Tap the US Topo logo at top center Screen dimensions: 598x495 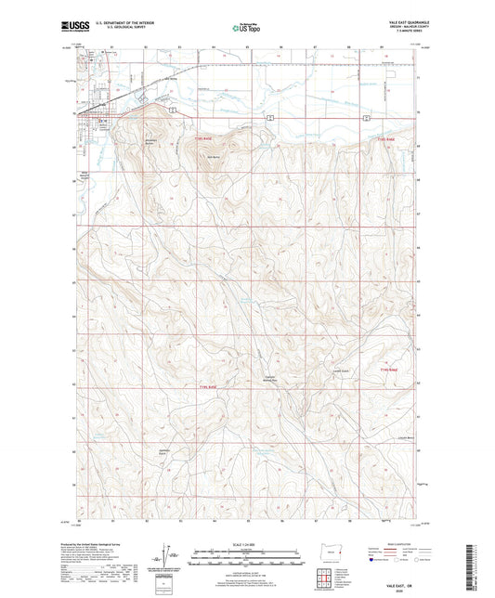(246, 29)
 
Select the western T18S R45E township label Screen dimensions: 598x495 (203, 140)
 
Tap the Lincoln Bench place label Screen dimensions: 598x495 (378, 436)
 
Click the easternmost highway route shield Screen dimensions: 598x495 (367, 119)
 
